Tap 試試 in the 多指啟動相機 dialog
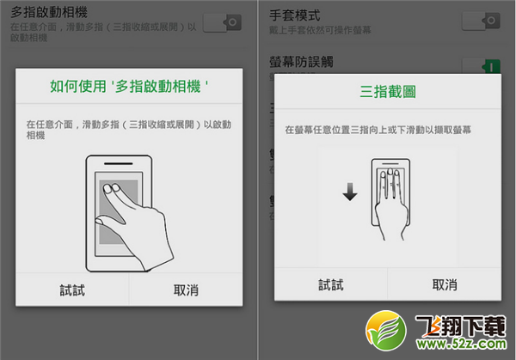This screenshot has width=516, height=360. coord(72,290)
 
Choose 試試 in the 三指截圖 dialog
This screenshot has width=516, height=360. coord(331,285)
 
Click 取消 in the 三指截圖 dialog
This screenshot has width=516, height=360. coord(445,285)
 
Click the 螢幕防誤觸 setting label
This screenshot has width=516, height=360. coord(301,62)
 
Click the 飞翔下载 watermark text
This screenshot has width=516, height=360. coord(464,327)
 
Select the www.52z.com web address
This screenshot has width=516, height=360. coord(464,345)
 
